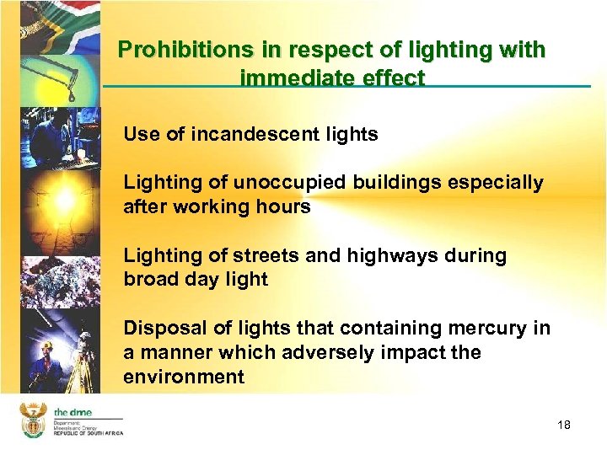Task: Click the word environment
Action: coord(184,377)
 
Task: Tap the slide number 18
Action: coord(564,425)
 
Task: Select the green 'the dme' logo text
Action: coord(73,411)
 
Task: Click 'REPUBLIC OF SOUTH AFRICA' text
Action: coord(89,432)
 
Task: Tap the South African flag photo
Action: coord(51,21)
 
